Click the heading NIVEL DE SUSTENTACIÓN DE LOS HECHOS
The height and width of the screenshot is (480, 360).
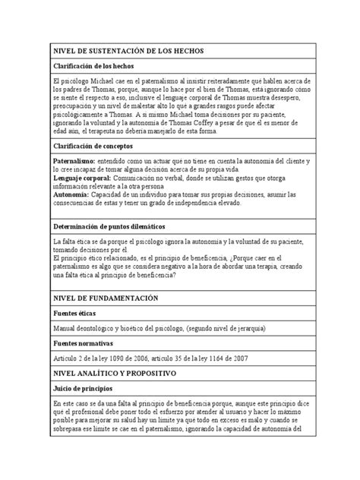(x=124, y=50)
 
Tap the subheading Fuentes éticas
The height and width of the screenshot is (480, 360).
(x=76, y=313)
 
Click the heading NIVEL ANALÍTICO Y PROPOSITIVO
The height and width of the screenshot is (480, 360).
(x=114, y=374)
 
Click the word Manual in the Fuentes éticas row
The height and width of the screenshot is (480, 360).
(x=64, y=328)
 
